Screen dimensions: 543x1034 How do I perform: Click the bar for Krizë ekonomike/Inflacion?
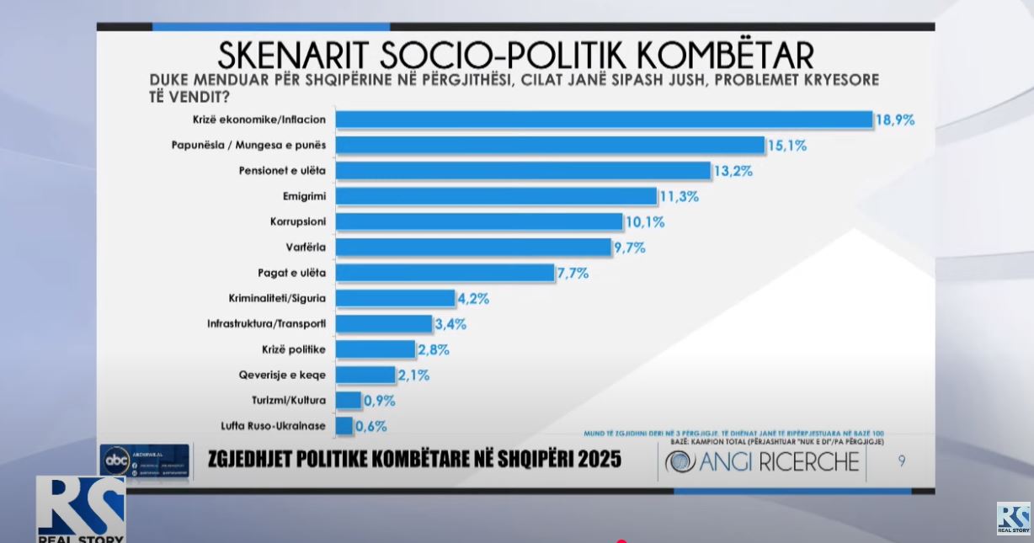click(x=604, y=120)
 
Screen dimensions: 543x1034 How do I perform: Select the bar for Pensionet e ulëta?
click(x=523, y=171)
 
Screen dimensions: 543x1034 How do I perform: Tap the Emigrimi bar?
click(x=496, y=196)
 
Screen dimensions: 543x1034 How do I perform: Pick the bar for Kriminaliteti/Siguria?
click(x=395, y=298)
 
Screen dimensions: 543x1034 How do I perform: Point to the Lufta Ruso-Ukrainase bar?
click(x=344, y=426)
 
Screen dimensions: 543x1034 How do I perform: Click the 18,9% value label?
click(x=894, y=120)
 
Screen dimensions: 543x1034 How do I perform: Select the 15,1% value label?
click(x=786, y=146)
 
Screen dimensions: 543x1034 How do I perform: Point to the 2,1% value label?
click(x=413, y=375)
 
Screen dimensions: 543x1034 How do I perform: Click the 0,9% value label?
click(x=379, y=401)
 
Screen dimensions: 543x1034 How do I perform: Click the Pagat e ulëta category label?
click(x=291, y=273)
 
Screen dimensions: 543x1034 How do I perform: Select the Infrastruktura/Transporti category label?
click(x=266, y=324)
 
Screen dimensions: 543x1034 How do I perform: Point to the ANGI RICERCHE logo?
click(x=763, y=461)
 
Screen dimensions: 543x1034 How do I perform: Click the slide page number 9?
click(x=901, y=461)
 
